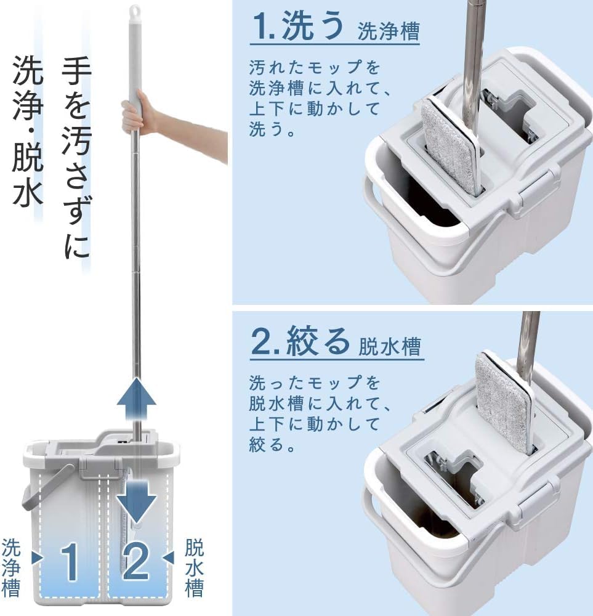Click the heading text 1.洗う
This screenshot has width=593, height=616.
(x=297, y=25)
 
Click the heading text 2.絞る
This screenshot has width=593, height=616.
(x=300, y=341)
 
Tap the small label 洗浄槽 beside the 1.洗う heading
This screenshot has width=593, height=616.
(x=389, y=31)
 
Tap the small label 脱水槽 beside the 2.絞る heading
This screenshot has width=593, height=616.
(x=390, y=346)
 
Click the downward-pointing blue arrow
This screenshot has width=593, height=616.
(x=137, y=501)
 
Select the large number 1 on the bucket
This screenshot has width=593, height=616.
(x=70, y=562)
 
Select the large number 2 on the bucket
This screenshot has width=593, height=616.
(x=136, y=561)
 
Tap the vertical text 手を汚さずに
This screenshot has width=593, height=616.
(x=77, y=157)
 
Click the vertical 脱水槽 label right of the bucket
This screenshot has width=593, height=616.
(x=194, y=569)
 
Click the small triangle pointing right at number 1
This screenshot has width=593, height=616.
(x=38, y=557)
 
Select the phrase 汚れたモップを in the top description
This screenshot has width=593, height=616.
(x=315, y=68)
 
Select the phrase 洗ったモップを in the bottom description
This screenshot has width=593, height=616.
(x=315, y=383)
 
